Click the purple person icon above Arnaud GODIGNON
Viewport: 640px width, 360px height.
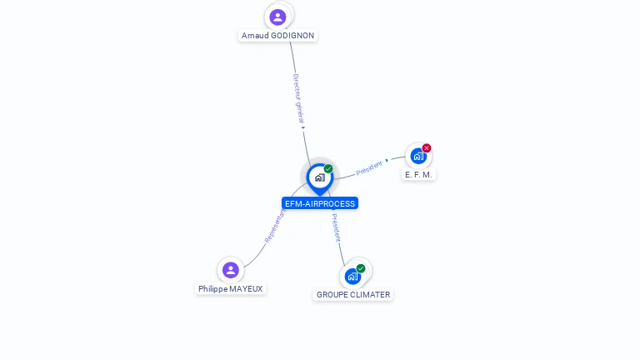(x=278, y=17)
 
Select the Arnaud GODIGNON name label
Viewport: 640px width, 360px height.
(x=277, y=36)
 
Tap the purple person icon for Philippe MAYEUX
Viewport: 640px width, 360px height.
(x=231, y=270)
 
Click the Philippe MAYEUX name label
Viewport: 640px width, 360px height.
(x=231, y=289)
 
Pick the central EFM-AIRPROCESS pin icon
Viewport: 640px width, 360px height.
(x=319, y=177)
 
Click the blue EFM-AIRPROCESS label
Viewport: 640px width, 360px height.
(x=320, y=203)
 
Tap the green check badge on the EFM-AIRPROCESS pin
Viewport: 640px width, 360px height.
(x=328, y=169)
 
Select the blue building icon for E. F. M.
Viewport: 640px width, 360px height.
(x=417, y=156)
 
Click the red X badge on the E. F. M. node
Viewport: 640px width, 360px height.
(x=427, y=148)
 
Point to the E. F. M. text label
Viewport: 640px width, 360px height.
(x=418, y=175)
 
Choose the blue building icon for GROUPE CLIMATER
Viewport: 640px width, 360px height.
(x=352, y=276)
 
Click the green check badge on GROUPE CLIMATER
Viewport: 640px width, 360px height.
(x=361, y=268)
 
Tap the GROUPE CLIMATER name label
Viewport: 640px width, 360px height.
(x=353, y=295)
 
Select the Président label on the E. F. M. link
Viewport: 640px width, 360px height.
(x=370, y=167)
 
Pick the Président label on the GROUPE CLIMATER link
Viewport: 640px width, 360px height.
(x=336, y=227)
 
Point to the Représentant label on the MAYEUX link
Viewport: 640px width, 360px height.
(x=275, y=226)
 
